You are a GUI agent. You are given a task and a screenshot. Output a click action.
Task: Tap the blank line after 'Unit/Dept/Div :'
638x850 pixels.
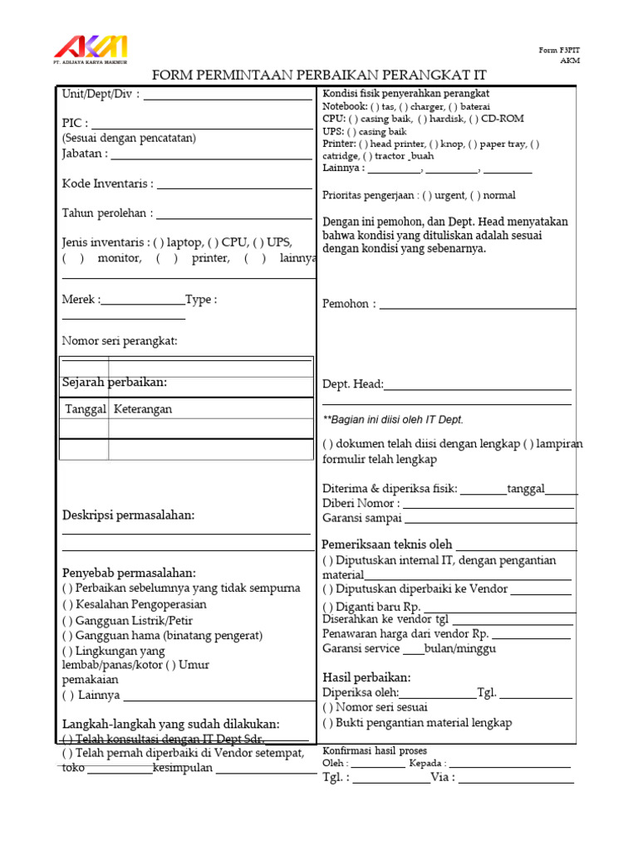point(228,95)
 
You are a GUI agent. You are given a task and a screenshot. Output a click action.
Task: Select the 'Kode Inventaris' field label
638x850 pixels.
point(107,183)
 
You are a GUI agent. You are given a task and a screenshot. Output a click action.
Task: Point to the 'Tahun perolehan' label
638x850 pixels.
point(107,213)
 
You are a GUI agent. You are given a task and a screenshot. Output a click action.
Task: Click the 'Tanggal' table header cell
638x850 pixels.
point(85,409)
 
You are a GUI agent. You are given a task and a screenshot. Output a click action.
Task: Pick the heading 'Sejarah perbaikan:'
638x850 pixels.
point(115,382)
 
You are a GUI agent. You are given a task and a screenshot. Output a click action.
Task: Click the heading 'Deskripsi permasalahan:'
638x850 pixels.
point(128,515)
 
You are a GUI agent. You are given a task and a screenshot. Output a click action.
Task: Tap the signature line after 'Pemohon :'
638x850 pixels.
point(478,305)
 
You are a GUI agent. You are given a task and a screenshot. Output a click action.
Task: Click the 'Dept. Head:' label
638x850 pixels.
point(352,384)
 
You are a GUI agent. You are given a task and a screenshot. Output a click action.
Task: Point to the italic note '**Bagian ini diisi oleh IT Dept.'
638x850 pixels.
point(392,420)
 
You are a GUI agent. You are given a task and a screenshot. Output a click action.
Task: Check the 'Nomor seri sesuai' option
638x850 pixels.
point(375,707)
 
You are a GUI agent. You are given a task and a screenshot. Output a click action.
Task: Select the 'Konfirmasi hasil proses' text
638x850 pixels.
point(375,750)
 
